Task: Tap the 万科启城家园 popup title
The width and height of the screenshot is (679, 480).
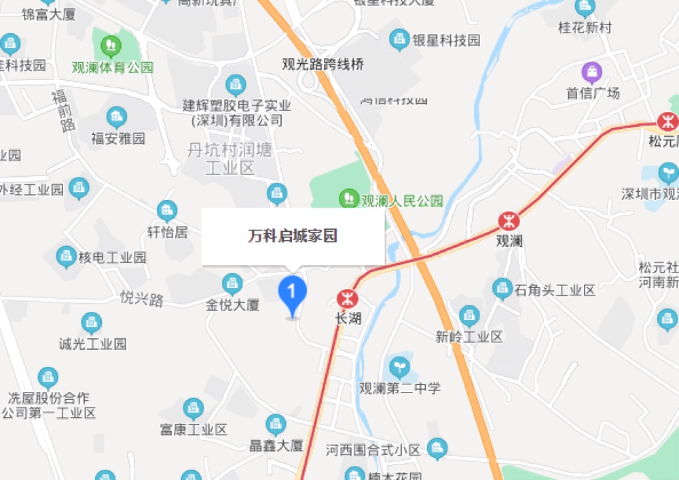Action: (293, 236)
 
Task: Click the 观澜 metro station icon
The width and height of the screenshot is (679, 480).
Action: (508, 220)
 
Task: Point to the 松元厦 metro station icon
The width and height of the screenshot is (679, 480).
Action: (668, 121)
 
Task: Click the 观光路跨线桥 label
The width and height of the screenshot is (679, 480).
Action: (323, 64)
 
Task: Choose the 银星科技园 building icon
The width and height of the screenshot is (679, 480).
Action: (399, 40)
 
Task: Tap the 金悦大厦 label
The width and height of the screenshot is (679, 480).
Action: (233, 305)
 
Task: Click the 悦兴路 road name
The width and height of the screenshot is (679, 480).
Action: (142, 299)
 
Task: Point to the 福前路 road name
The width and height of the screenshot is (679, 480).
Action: (63, 111)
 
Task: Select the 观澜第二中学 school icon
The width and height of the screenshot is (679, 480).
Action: (400, 368)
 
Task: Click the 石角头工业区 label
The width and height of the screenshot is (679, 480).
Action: (555, 291)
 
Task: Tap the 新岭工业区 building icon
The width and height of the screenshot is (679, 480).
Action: (469, 315)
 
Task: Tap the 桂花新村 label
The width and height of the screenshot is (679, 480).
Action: (585, 28)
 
